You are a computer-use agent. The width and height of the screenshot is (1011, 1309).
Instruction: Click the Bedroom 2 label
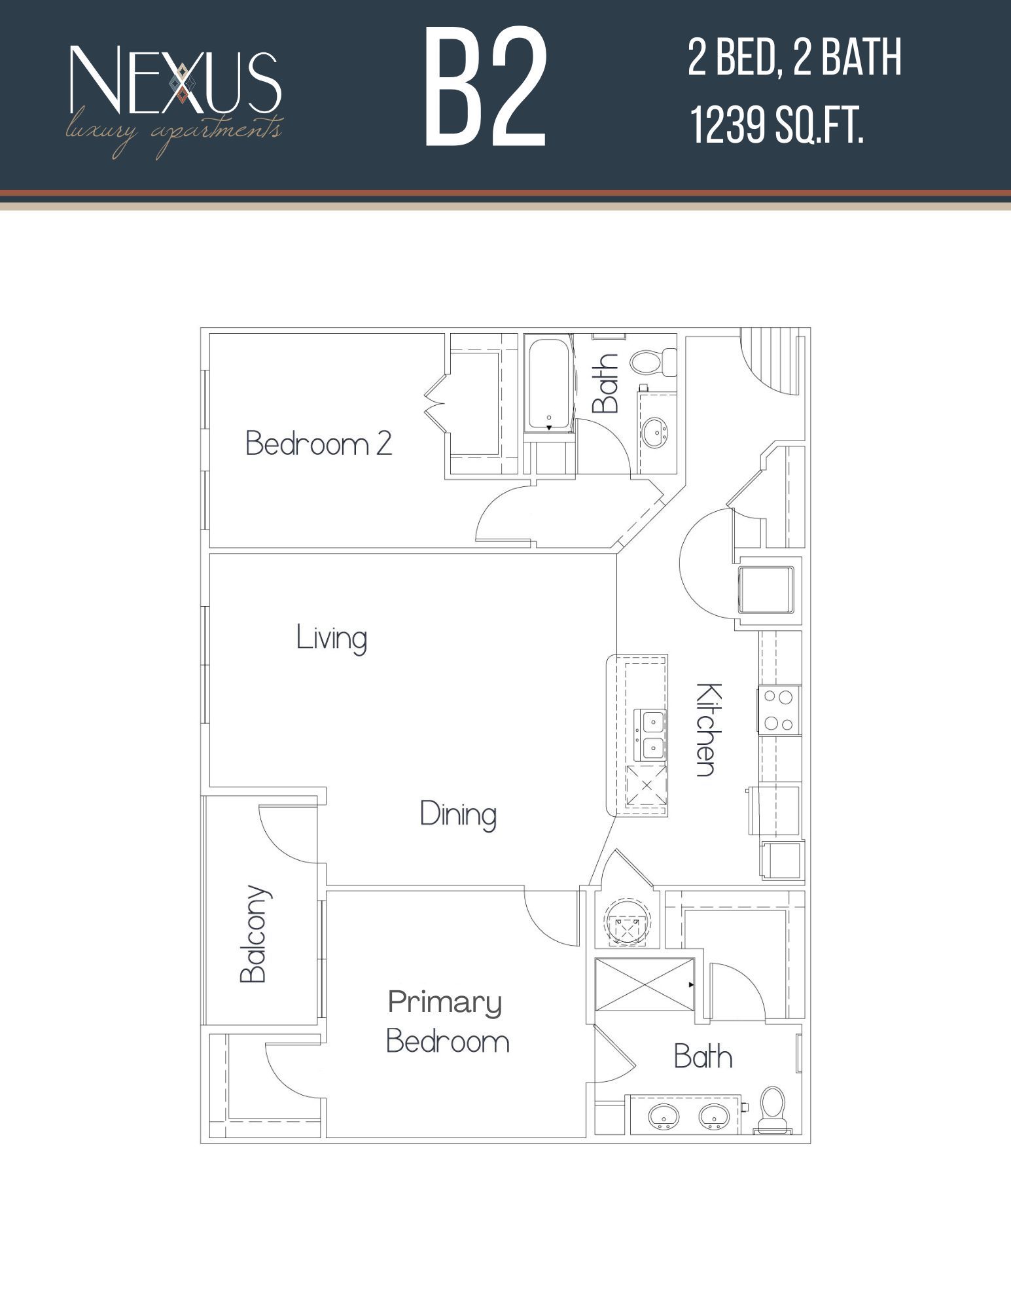click(x=319, y=444)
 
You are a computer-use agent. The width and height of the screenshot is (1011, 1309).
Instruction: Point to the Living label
click(x=331, y=638)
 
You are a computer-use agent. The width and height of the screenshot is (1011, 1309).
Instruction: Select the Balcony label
click(x=254, y=934)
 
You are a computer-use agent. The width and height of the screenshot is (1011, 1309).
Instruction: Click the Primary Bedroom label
click(x=448, y=1022)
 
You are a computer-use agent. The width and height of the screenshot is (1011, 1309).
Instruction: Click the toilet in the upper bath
click(x=652, y=362)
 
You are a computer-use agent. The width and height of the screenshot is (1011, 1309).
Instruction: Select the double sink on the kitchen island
click(x=651, y=735)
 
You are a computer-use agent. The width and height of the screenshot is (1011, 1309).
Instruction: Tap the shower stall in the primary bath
click(x=644, y=984)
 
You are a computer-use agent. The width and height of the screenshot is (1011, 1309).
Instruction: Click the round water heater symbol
click(x=627, y=922)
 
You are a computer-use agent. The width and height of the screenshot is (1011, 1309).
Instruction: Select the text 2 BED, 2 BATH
click(x=794, y=58)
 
